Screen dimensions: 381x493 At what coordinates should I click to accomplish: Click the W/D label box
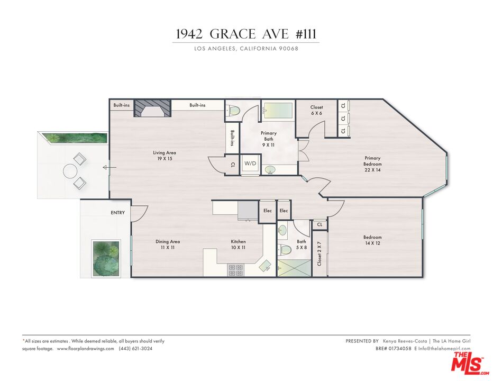coord(250,164)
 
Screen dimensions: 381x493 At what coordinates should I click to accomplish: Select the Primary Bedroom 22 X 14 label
coord(372,161)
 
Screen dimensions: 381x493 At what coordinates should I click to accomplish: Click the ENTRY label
coord(117,213)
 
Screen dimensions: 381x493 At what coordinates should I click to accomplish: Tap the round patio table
coord(70,170)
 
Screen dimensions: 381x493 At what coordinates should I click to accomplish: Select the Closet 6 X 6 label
coord(316,110)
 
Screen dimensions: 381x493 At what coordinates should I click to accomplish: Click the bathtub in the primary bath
coord(278,111)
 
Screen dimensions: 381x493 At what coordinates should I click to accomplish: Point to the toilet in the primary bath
coord(234,110)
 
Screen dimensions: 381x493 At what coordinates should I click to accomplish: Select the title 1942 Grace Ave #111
coord(246,34)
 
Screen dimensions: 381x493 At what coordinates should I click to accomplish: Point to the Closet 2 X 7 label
coord(319,252)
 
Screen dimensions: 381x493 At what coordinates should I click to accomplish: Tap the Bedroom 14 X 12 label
coord(372,240)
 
